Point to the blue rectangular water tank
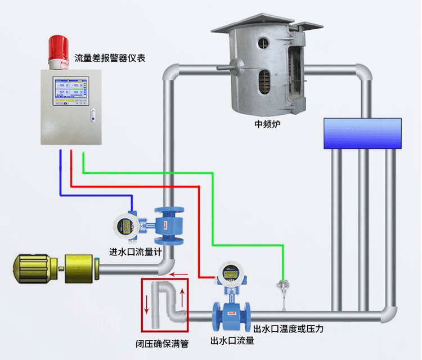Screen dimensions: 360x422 362,133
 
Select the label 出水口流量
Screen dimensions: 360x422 232,341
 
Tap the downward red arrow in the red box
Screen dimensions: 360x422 147,303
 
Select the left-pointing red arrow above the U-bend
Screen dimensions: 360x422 179,275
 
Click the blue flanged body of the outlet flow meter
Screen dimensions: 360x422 231,317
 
